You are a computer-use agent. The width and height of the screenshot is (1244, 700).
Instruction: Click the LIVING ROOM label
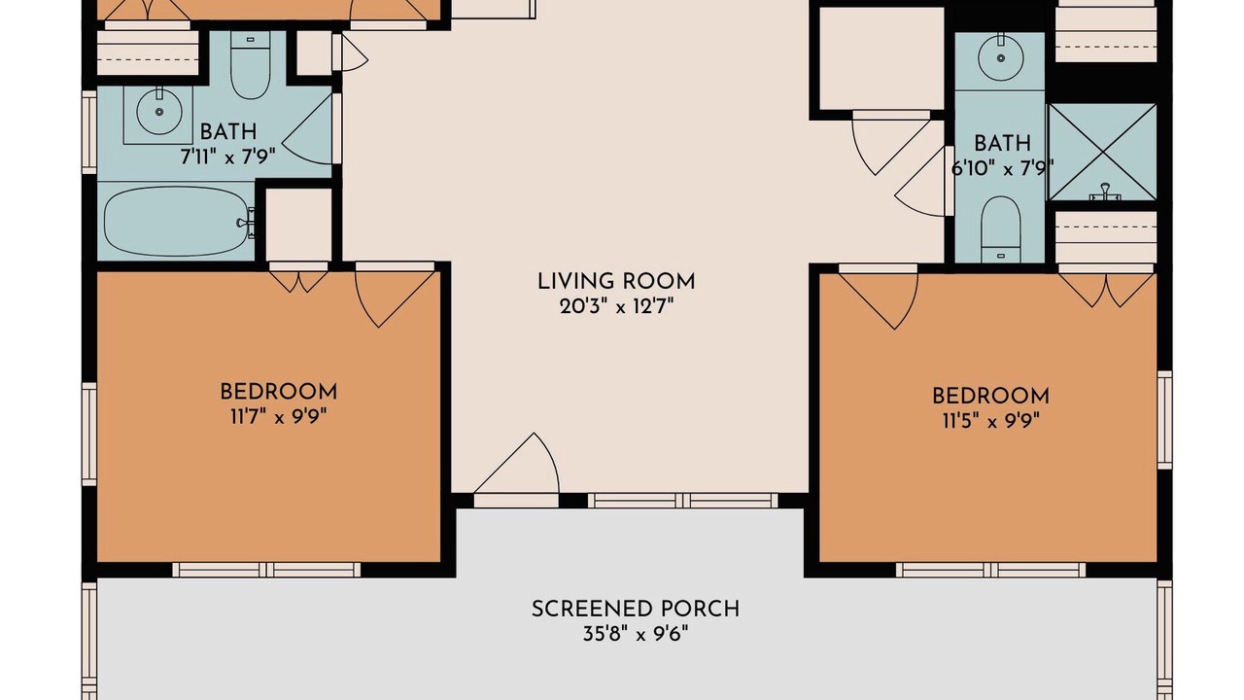pyautogui.click(x=616, y=282)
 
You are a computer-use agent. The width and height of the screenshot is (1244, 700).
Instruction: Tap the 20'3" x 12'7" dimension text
pyautogui.click(x=616, y=306)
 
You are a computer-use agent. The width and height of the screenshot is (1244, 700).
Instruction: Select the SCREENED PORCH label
pyautogui.click(x=636, y=609)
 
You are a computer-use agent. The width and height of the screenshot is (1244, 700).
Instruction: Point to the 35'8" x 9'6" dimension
pyautogui.click(x=636, y=633)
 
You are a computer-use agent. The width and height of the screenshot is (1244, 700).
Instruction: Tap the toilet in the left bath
pyautogui.click(x=251, y=65)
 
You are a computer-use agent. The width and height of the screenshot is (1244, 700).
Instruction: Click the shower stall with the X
pyautogui.click(x=1102, y=152)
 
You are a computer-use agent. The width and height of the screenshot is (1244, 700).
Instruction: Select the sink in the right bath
pyautogui.click(x=1001, y=57)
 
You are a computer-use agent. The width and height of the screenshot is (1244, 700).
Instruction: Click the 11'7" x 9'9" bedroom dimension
pyautogui.click(x=279, y=417)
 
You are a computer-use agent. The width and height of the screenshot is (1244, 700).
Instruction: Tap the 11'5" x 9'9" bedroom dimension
pyautogui.click(x=990, y=421)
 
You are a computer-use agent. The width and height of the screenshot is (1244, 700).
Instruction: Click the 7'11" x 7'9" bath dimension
pyautogui.click(x=227, y=157)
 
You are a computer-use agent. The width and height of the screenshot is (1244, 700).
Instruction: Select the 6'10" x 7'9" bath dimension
pyautogui.click(x=1002, y=168)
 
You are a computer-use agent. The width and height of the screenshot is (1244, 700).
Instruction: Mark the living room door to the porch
pyautogui.click(x=516, y=470)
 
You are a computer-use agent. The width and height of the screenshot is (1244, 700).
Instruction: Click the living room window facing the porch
pyautogui.click(x=683, y=501)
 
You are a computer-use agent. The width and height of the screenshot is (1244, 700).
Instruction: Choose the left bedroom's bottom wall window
pyautogui.click(x=266, y=570)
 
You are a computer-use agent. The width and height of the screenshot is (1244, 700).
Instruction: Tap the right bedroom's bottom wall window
pyautogui.click(x=990, y=570)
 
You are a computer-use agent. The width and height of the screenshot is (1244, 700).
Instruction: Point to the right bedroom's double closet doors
pyautogui.click(x=1106, y=286)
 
